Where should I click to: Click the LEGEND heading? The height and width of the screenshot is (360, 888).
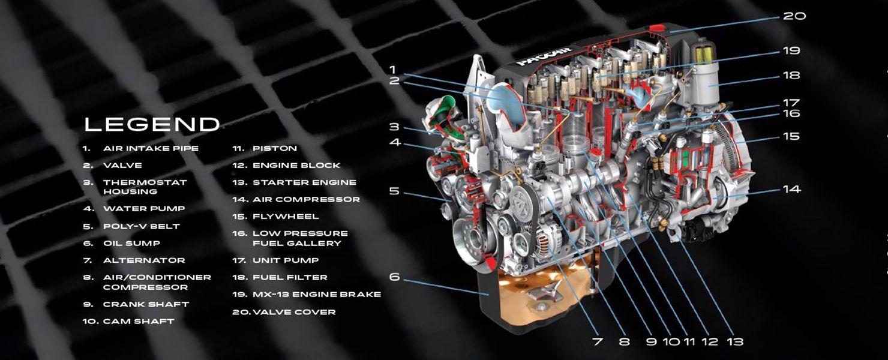(152, 124)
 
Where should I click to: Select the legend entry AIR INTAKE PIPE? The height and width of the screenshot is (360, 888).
(150, 148)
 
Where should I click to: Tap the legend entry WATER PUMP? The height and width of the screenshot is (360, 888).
(144, 209)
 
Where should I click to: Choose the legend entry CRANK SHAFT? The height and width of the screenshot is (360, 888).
(146, 304)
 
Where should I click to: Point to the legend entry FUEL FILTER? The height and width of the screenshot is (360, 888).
(290, 277)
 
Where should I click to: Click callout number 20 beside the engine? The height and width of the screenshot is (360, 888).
(794, 16)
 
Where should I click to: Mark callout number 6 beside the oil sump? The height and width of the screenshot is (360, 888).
(394, 277)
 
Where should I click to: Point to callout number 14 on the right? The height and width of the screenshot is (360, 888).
(791, 189)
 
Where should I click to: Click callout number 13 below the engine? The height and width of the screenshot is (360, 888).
(734, 341)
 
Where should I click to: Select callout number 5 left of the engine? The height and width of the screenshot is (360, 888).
(394, 191)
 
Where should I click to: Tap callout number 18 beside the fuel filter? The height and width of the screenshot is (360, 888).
(791, 76)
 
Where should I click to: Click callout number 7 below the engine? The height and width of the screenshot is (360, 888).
(597, 341)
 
